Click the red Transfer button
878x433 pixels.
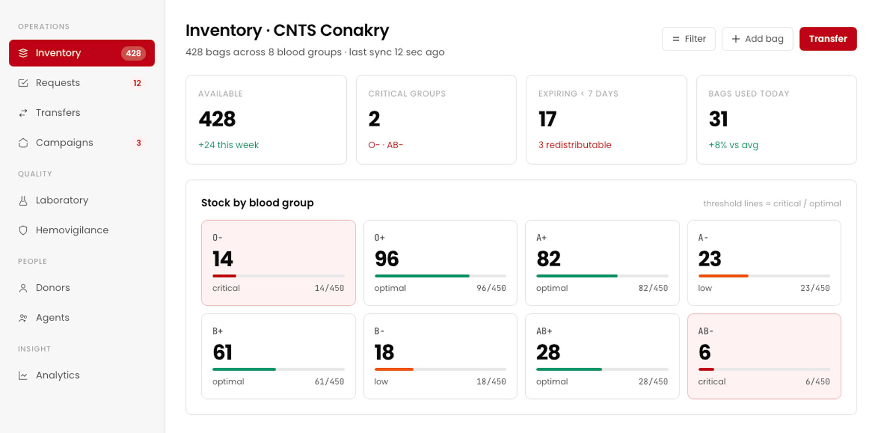pyautogui.click(x=828, y=39)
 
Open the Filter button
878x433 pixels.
pyautogui.click(x=689, y=39)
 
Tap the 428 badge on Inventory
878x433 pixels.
pyautogui.click(x=133, y=53)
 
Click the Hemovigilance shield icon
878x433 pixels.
pyautogui.click(x=23, y=230)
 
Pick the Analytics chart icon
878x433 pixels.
pyautogui.click(x=23, y=375)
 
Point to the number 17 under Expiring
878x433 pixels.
pyautogui.click(x=547, y=119)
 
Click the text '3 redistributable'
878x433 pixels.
pyautogui.click(x=575, y=145)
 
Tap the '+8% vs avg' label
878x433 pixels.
pyautogui.click(x=733, y=145)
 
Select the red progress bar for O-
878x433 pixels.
pyautogui.click(x=224, y=276)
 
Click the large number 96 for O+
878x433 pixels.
pyautogui.click(x=386, y=259)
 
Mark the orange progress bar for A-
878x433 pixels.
pyautogui.click(x=723, y=276)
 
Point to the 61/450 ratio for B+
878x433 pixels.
pyautogui.click(x=329, y=381)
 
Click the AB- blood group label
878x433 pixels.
pyautogui.click(x=706, y=331)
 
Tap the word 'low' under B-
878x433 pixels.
pyautogui.click(x=381, y=381)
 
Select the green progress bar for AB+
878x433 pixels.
pyautogui.click(x=569, y=369)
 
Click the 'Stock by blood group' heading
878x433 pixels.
pyautogui.click(x=257, y=203)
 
